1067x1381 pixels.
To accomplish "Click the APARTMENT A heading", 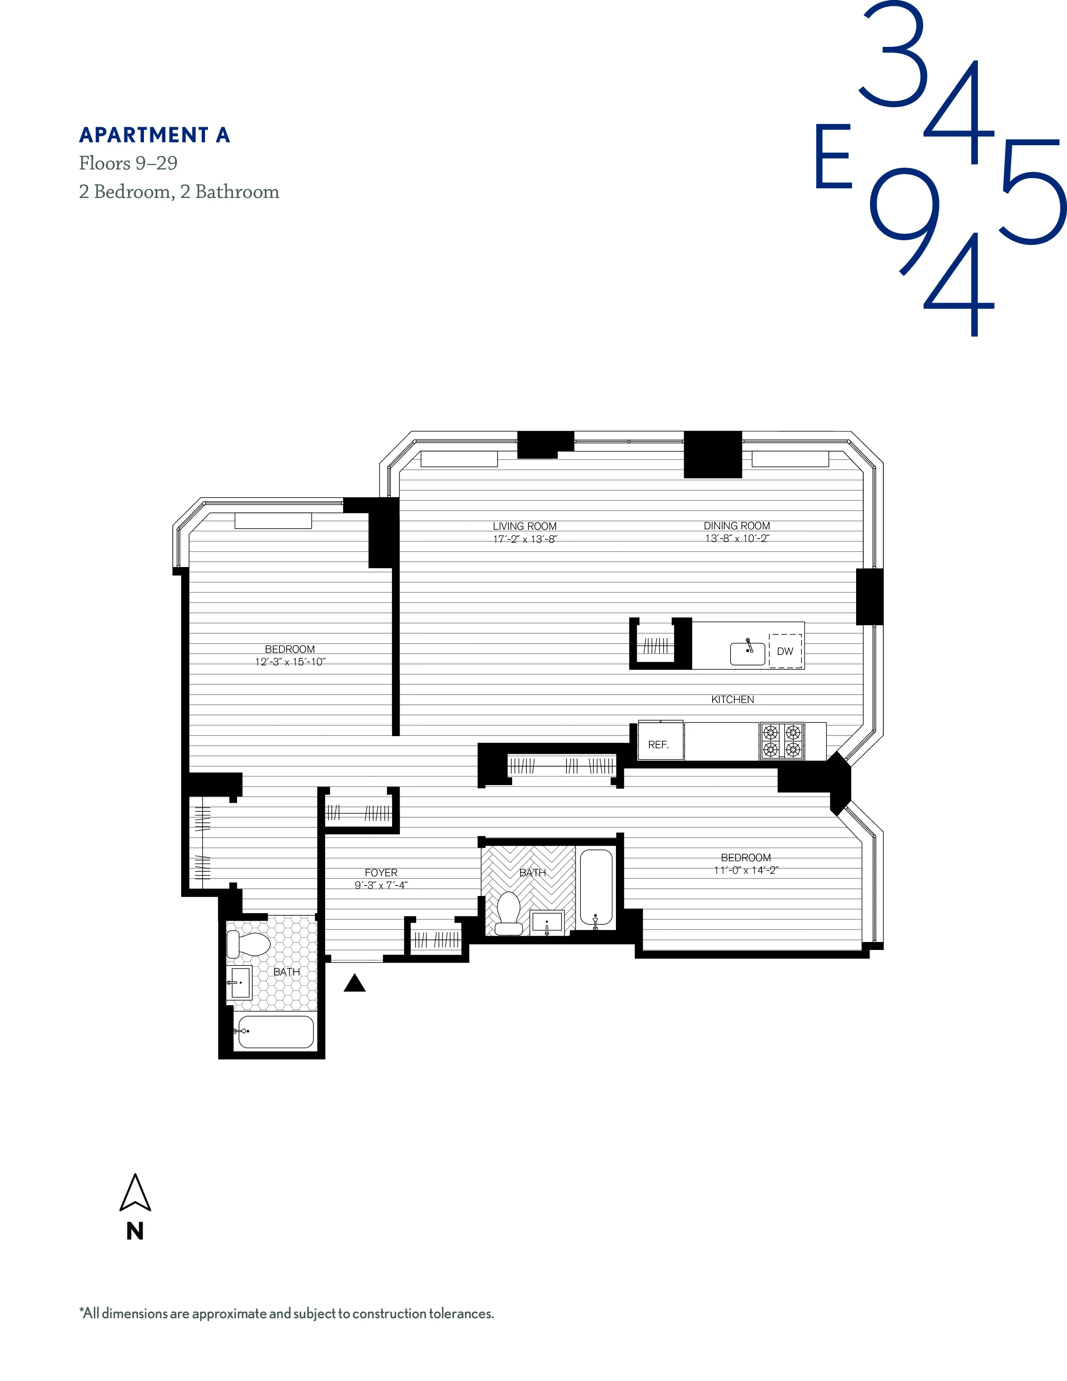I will coord(154,135).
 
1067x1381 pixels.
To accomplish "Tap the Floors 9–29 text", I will coord(128,163).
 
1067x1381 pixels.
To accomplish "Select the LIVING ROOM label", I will coord(525,526).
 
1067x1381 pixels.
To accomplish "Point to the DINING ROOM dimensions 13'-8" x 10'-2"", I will coord(737,539).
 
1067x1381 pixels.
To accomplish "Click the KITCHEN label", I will coord(733,699).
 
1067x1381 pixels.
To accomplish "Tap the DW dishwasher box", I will coord(785,651).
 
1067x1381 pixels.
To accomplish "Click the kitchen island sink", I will coord(748,653).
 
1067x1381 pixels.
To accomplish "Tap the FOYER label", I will coord(381,872).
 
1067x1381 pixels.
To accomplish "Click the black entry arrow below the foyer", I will coord(354,983).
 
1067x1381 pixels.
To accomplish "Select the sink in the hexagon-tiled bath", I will coord(240,983).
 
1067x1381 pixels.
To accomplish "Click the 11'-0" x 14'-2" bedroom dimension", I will coord(746,870).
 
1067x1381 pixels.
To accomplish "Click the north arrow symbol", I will coord(135,1194).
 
